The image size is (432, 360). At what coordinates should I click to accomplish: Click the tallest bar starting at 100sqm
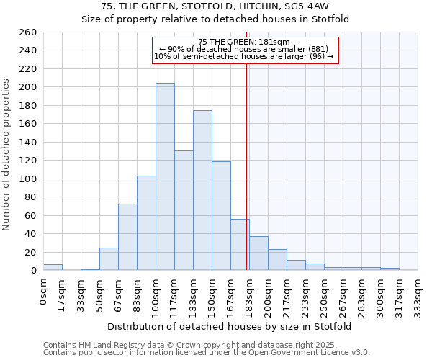(165, 176)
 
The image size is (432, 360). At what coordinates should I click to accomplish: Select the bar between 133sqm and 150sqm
(202, 190)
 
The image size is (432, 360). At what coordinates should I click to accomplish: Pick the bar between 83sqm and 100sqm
(146, 223)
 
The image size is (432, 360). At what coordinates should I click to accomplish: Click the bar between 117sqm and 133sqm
(184, 210)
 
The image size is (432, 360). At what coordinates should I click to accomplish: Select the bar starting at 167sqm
(240, 245)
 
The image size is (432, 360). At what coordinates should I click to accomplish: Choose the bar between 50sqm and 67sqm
(109, 259)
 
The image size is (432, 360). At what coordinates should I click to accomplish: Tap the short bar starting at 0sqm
(53, 267)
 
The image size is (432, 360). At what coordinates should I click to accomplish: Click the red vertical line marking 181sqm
(247, 166)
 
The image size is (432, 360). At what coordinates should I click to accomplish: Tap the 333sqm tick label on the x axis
(418, 293)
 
